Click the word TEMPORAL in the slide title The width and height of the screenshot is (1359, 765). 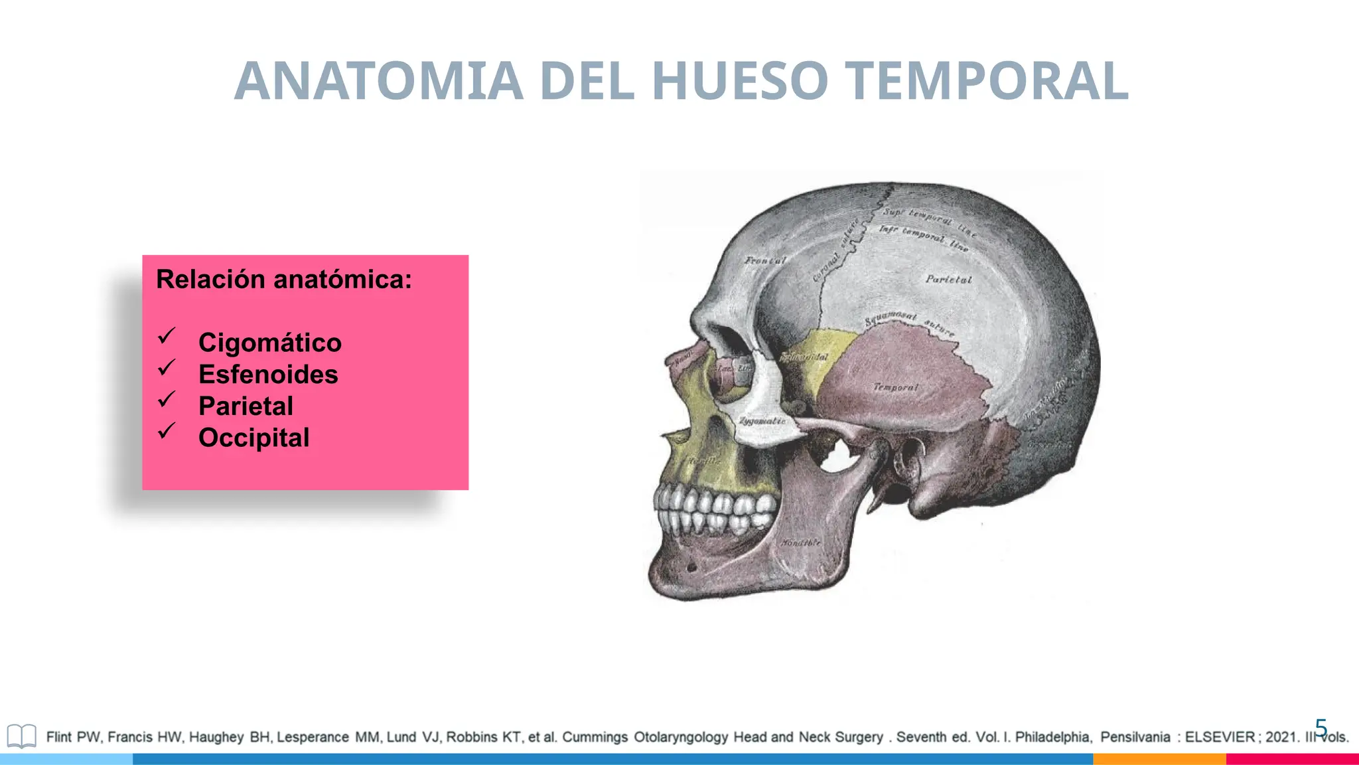(x=989, y=81)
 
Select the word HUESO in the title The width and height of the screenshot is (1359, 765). (x=740, y=81)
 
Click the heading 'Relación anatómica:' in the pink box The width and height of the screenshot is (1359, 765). (x=284, y=280)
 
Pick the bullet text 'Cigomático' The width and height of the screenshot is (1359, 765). (x=270, y=343)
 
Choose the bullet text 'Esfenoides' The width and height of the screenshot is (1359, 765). (x=268, y=375)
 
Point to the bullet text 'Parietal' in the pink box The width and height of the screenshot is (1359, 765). (x=246, y=406)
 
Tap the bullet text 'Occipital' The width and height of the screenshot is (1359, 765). (x=253, y=438)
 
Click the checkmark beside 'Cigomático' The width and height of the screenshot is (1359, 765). (x=167, y=336)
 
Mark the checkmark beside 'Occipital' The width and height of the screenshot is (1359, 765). (x=167, y=432)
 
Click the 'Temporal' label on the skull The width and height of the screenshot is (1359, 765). (x=896, y=386)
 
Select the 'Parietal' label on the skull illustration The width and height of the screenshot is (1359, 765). (x=948, y=280)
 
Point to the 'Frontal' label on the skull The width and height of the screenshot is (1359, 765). (x=765, y=260)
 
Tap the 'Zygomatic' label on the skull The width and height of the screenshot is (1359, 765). (x=762, y=421)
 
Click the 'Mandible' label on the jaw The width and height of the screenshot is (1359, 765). (x=801, y=543)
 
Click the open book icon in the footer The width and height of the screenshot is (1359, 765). (x=21, y=736)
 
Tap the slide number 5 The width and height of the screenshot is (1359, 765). (x=1321, y=728)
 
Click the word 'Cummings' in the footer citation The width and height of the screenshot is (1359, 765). (x=595, y=737)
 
